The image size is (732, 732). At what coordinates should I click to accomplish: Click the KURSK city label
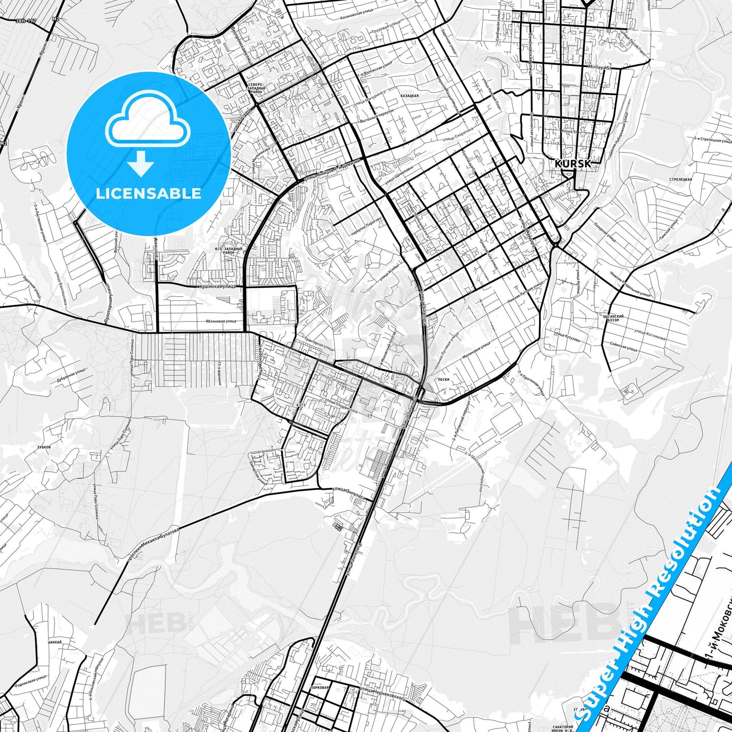pos(572,164)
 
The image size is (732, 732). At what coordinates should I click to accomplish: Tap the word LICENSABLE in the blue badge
pos(148,194)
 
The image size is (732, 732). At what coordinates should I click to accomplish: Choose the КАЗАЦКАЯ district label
pos(409,95)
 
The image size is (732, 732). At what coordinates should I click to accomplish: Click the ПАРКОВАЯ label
pos(320,688)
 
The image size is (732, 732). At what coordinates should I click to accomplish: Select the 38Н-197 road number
pos(26,21)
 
